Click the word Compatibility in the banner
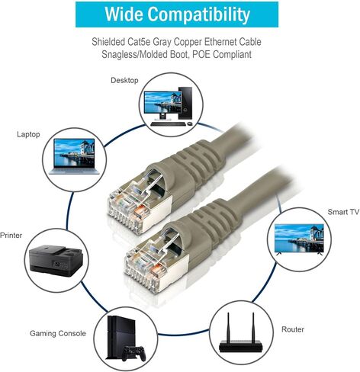(199, 14)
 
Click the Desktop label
(124, 81)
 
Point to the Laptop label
(28, 134)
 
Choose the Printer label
(11, 236)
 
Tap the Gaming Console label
(58, 333)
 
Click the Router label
(293, 329)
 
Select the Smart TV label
(343, 212)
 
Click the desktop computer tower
(185, 104)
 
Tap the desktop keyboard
(168, 124)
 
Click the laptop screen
(74, 152)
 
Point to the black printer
(56, 261)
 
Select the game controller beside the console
(134, 353)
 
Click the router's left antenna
(228, 327)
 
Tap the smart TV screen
(299, 238)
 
